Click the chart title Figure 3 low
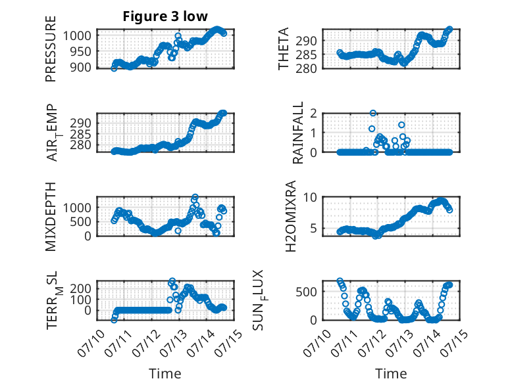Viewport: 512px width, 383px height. tap(165, 16)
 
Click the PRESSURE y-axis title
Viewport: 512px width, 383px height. tap(51, 49)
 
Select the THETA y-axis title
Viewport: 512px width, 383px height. tap(284, 49)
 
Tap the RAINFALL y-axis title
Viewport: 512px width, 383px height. tap(298, 133)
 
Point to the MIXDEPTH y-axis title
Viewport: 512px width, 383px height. tap(51, 216)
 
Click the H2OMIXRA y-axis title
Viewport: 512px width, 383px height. tap(290, 216)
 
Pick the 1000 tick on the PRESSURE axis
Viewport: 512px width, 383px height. tap(77, 35)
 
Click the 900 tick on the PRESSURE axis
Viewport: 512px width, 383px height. tap(81, 67)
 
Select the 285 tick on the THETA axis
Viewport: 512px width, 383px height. tap(306, 55)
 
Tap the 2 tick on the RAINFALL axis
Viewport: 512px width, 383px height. tap(314, 113)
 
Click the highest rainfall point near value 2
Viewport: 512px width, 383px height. tap(373, 113)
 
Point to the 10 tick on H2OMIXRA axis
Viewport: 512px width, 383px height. tap(310, 197)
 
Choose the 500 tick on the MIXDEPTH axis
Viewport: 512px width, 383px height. tap(81, 221)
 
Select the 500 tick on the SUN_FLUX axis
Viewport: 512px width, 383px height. tap(306, 292)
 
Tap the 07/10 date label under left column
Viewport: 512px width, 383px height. tap(91, 342)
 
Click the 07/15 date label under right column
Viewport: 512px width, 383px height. tap(455, 342)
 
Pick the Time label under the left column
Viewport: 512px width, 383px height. tap(165, 373)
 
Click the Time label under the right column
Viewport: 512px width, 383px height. tap(391, 373)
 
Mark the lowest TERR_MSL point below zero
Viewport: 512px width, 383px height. tap(114, 320)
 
